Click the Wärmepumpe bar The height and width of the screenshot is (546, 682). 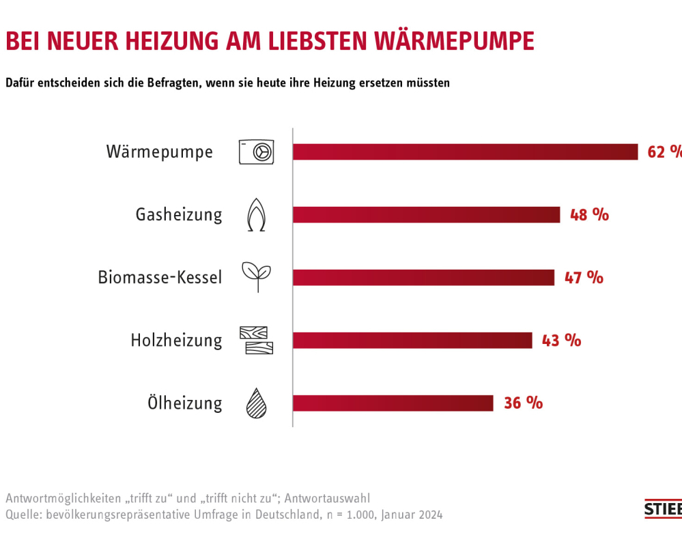coord(465,152)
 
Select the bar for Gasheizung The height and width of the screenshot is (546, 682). coord(426,214)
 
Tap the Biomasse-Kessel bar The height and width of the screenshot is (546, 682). coord(423,277)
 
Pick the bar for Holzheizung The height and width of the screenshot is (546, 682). coord(412,340)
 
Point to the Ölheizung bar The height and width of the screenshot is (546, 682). coord(393,403)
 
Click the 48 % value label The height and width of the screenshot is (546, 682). coord(589,214)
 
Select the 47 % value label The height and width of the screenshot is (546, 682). coord(584,277)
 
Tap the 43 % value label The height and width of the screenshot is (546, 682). coord(561,340)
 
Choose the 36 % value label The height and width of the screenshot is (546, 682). coord(523,403)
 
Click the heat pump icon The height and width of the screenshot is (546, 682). coord(256,152)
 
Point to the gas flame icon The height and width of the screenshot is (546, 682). coord(256,214)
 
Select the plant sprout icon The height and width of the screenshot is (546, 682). coord(256,276)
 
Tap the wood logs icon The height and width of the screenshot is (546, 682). coord(256,340)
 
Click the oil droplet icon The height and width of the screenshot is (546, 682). coord(256,403)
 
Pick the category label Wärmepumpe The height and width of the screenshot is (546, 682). coord(160,152)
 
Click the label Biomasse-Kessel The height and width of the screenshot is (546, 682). coord(160,278)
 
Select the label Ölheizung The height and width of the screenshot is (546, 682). coord(185,403)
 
